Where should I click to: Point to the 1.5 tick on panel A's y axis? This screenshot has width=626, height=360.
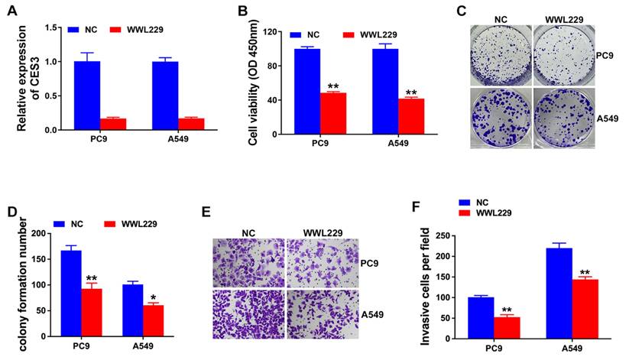coord(52,28)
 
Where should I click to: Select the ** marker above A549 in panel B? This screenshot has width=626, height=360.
coord(410,91)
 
